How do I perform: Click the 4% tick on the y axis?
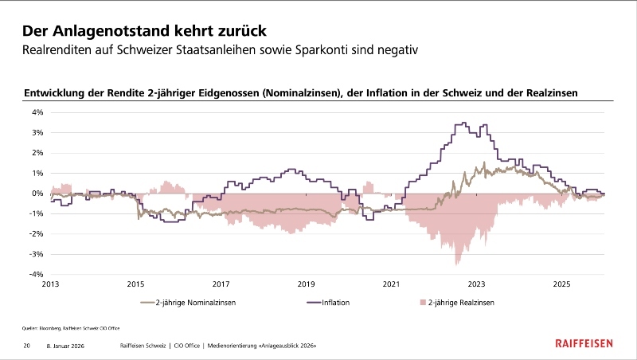coord(37,112)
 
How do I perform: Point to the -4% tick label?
coord(37,275)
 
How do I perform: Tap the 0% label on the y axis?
coord(37,194)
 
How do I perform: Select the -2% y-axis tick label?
coord(37,234)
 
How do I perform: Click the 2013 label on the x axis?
coord(50,284)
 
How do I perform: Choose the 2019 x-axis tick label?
coord(306,284)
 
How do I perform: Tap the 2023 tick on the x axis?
coord(476,284)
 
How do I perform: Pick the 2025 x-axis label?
coord(561,284)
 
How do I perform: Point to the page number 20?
coord(27,346)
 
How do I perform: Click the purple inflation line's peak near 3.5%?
coord(463,123)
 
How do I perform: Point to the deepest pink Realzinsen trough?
coord(456,262)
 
